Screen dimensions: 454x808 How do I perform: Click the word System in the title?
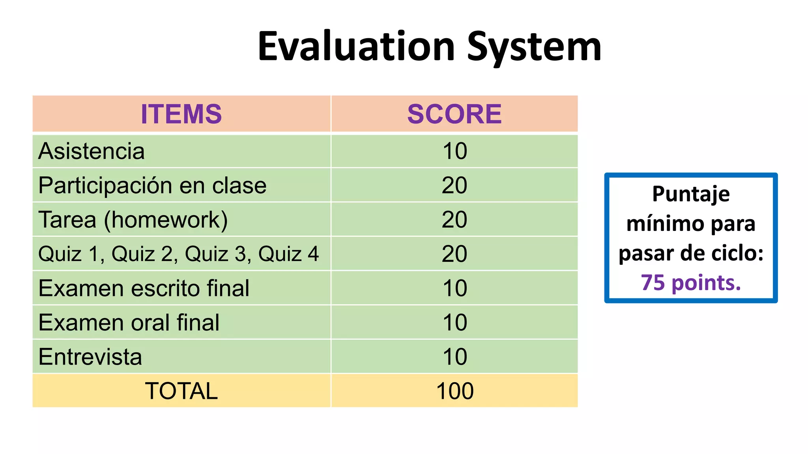coord(534,47)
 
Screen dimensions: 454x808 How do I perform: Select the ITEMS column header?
coord(181,114)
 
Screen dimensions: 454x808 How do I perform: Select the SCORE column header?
coord(454,114)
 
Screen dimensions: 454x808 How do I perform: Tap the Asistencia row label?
coord(92,151)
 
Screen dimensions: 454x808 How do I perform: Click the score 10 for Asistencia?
coord(454,151)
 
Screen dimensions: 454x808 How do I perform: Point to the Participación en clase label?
coord(152,186)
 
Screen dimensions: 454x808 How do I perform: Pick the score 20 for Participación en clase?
coord(454,186)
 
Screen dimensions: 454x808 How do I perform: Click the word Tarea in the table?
coord(67,220)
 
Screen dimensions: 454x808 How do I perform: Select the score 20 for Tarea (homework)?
coord(454,220)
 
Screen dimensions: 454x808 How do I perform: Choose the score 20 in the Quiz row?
coord(454,254)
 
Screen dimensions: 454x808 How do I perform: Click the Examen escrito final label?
coord(144,288)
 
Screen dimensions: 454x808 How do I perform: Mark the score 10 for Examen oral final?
coord(454,323)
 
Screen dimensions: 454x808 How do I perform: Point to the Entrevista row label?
coord(90,357)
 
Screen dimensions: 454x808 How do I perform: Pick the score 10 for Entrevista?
coord(454,357)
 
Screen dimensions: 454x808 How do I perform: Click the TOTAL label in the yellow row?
coord(181,391)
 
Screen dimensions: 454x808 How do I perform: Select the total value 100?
coord(454,391)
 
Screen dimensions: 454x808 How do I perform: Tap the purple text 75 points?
coord(691,283)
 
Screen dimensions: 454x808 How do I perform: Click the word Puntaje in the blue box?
coord(691,194)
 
